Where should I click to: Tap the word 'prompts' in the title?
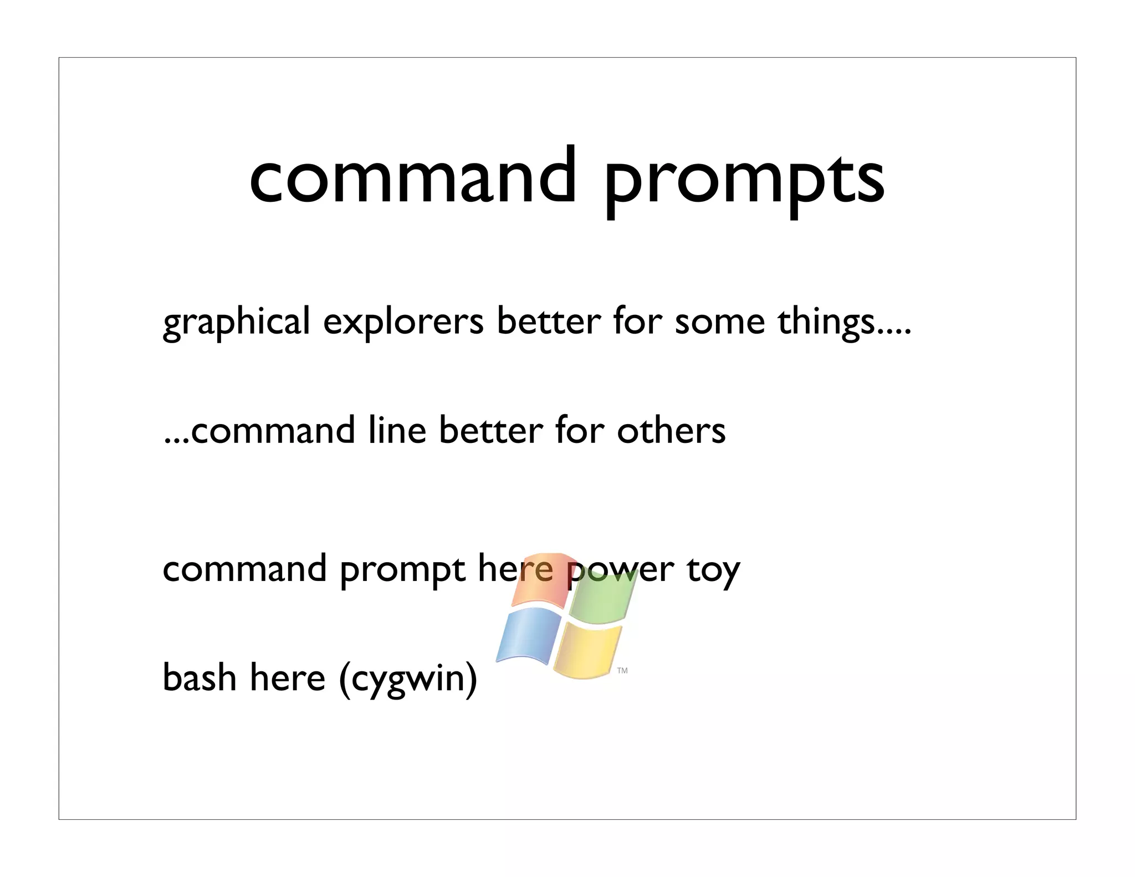(743, 181)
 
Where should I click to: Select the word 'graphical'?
(236, 323)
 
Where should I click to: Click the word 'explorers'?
(403, 323)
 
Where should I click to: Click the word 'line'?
(397, 431)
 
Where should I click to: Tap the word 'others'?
(671, 431)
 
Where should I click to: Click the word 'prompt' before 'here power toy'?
(402, 571)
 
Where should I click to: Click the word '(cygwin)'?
(408, 680)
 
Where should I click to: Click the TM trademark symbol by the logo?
(622, 671)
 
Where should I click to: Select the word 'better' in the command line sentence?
(490, 431)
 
